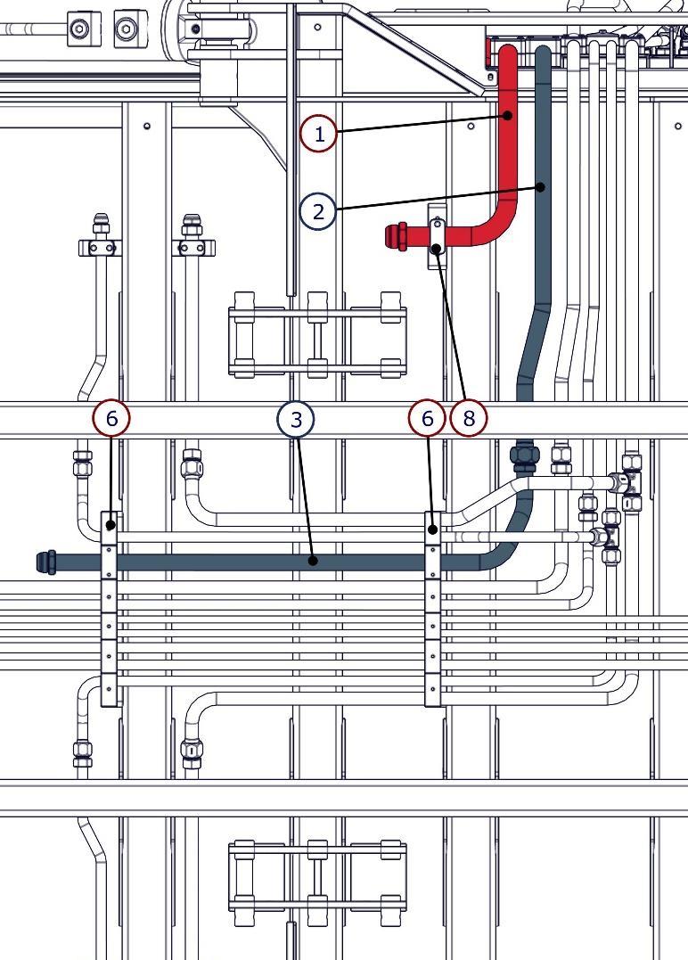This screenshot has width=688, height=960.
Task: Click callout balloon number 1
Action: [318, 135]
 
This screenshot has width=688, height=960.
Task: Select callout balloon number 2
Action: [318, 211]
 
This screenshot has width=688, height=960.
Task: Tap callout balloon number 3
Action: [296, 418]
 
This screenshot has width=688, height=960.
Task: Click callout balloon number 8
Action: [469, 418]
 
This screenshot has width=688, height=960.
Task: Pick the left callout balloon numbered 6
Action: [111, 418]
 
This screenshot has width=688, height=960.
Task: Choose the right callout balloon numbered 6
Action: [427, 418]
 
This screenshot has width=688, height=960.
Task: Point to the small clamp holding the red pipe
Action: [437, 236]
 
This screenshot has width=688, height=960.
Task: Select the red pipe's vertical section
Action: [508, 134]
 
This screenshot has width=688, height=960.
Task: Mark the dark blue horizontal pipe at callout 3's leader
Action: [313, 561]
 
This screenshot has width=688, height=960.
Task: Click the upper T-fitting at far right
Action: [629, 481]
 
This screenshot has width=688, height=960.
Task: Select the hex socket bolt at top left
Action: [80, 29]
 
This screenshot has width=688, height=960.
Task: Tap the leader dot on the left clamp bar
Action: [111, 526]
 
